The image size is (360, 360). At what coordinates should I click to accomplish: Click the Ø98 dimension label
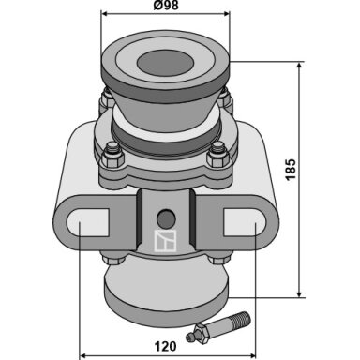[166, 6]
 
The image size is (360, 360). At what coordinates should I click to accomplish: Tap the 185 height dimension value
[291, 170]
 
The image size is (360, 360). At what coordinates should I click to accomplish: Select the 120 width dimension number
[165, 346]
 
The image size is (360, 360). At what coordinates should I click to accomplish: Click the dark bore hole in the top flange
[165, 65]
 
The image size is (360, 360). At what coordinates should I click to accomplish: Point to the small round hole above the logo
[165, 218]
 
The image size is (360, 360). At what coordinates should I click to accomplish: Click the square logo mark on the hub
[165, 241]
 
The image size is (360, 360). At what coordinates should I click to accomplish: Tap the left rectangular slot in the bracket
[88, 222]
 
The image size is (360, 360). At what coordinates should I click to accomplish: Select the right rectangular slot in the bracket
[245, 222]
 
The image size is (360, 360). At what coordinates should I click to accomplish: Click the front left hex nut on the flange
[112, 157]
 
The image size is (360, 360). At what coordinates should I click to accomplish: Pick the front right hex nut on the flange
[218, 157]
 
